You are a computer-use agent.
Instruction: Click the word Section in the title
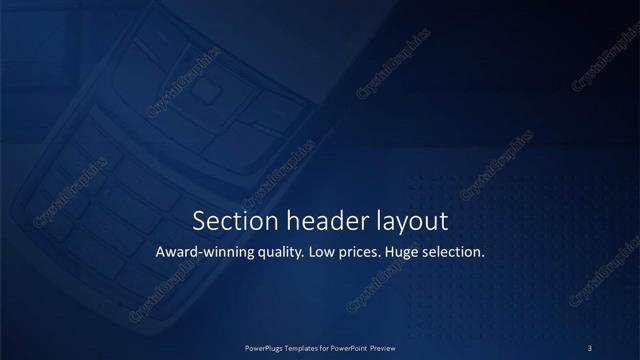pos(227,220)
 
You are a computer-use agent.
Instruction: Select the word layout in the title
pos(399,221)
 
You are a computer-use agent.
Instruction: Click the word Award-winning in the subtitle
pos(203,252)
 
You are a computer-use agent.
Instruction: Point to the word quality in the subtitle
pos(279,253)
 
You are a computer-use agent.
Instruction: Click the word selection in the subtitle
pos(455,252)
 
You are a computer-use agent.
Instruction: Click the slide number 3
pos(590,347)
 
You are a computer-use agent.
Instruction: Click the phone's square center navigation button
pos(208,92)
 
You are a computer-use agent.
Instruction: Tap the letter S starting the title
pos(199,220)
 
